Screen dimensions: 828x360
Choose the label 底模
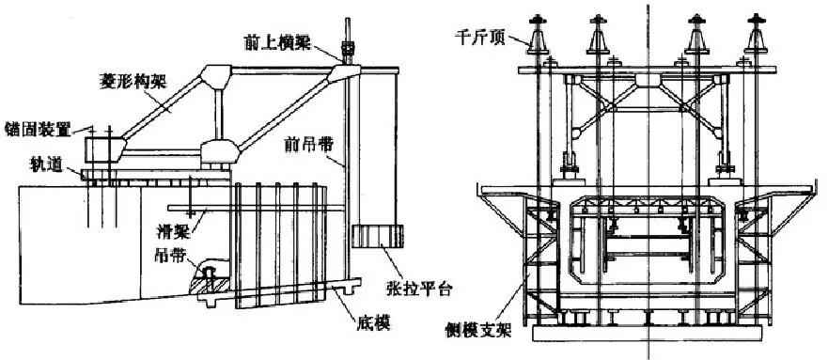(376, 323)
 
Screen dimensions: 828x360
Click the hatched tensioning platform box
(378, 236)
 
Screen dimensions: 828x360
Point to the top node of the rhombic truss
(215, 74)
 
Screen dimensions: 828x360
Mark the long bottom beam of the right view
(648, 333)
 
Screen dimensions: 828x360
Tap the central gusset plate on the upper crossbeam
(648, 81)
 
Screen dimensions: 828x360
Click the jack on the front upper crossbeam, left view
(348, 49)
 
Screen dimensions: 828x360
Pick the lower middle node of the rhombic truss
(219, 151)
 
